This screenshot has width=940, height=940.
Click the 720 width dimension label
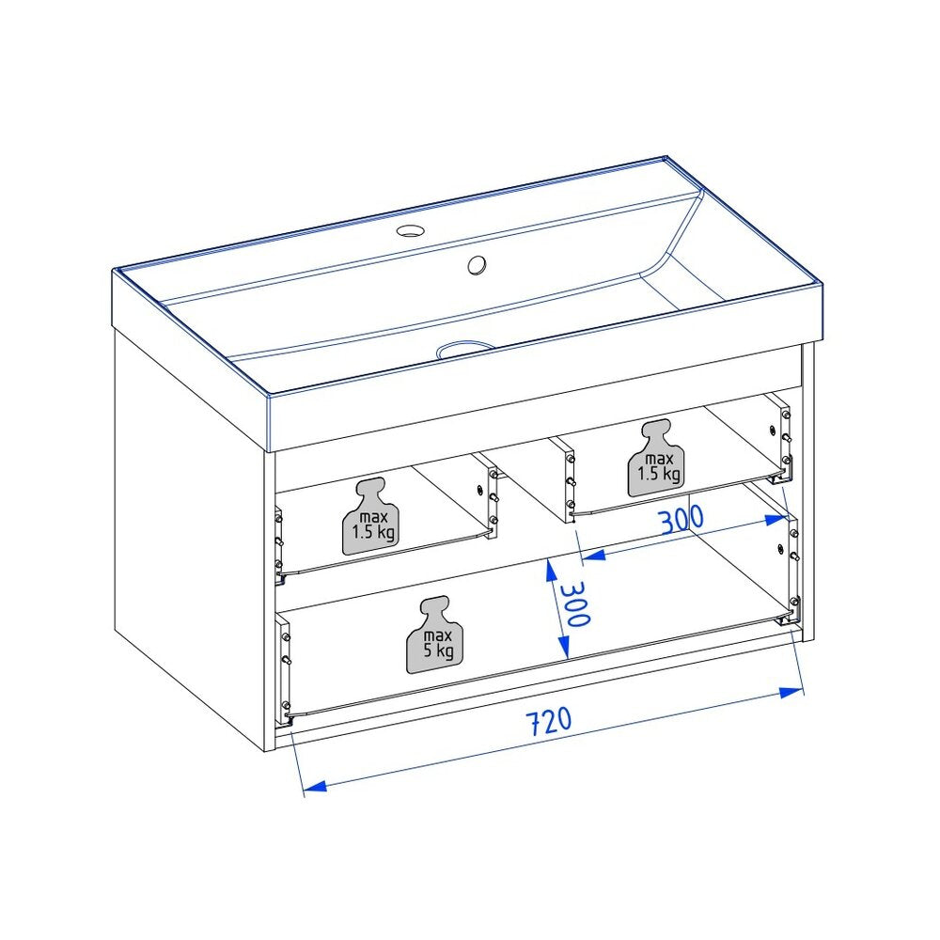(549, 721)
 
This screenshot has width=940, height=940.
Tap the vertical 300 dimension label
(575, 604)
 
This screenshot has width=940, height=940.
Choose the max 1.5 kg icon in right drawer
(656, 458)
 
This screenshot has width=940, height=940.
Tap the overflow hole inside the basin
(478, 265)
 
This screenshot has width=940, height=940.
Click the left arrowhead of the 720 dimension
(314, 786)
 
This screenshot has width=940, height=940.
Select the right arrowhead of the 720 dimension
(791, 693)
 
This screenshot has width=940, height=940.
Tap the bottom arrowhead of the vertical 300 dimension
(563, 647)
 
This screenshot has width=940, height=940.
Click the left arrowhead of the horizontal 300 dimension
(593, 556)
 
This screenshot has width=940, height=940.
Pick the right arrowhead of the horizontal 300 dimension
(775, 521)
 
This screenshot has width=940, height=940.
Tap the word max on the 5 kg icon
(438, 635)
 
